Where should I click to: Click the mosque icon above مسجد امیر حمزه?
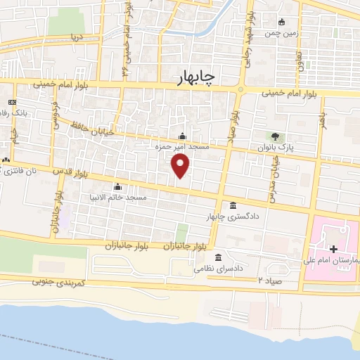coord(182,136)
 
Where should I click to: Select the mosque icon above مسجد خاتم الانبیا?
coord(117,187)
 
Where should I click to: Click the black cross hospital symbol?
coord(333,250)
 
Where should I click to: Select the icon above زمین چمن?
coord(281,22)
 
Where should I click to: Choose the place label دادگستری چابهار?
coord(227,217)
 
